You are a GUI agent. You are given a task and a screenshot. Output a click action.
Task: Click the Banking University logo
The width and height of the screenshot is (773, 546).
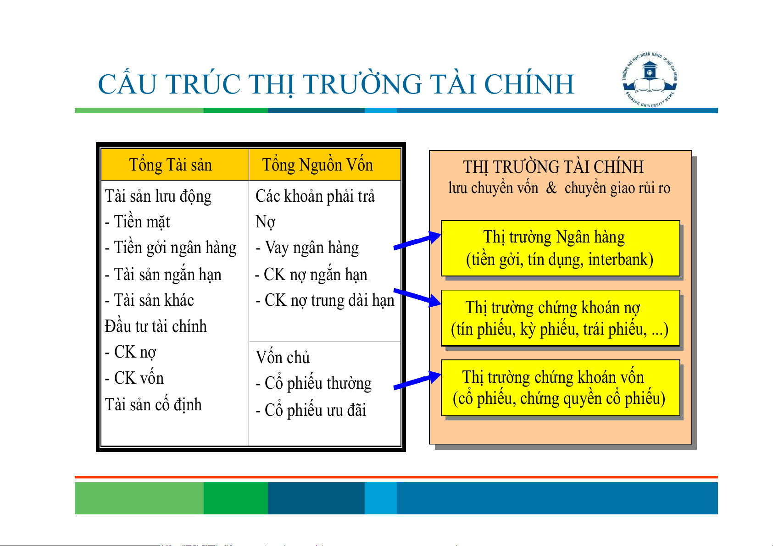[650, 80]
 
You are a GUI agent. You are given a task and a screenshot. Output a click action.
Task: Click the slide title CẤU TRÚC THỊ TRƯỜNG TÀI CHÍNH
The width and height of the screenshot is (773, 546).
[336, 84]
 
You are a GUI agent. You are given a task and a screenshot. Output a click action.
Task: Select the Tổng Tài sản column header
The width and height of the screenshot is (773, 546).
[171, 165]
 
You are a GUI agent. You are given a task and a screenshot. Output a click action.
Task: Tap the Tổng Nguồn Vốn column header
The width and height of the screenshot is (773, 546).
[317, 165]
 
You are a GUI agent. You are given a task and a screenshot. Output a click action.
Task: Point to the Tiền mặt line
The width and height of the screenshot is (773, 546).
[137, 221]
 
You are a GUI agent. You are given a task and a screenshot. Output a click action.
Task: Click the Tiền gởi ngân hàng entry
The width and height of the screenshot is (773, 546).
[171, 248]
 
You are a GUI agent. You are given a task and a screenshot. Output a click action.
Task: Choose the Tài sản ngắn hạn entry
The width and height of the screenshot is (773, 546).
[163, 274]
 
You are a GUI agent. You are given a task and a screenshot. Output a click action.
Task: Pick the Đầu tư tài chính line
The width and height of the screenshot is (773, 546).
[156, 326]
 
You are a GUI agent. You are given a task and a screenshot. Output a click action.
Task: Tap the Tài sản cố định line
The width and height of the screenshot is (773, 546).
[153, 404]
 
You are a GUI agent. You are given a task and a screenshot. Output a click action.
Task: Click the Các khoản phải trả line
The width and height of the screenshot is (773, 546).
[315, 196]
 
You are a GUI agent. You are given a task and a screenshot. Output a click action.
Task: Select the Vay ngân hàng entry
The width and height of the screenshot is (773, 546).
[307, 248]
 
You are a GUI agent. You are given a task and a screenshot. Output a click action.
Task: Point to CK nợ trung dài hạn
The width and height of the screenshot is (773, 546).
[325, 300]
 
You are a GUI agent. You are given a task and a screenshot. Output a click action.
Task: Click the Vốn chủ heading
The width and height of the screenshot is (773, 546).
[283, 357]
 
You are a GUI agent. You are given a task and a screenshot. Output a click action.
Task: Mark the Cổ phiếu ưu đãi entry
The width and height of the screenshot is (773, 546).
[311, 410]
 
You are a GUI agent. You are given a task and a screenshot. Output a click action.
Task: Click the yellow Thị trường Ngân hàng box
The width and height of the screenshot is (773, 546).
[561, 248]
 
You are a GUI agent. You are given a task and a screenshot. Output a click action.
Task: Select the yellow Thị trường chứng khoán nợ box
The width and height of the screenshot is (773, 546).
[561, 318]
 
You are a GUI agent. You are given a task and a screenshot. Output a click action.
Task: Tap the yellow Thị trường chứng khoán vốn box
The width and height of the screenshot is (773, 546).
[561, 388]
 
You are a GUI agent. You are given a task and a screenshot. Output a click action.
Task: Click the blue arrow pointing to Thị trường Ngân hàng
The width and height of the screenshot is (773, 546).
[417, 240]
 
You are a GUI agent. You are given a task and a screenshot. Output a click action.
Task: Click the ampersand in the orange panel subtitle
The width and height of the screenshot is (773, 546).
[551, 188]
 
